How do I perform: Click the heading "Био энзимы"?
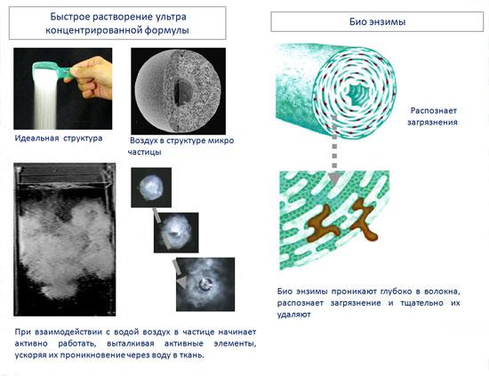(377, 21)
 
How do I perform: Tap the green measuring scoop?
(52, 69)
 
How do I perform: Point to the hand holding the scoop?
(92, 77)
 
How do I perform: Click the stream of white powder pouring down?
(44, 100)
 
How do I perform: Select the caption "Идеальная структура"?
(59, 138)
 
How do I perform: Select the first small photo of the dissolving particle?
(151, 188)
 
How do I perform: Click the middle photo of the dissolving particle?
(176, 233)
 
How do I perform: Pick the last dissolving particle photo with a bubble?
(205, 284)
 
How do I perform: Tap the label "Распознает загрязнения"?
(432, 116)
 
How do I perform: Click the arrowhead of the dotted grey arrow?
(334, 179)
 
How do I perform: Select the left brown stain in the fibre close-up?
(323, 224)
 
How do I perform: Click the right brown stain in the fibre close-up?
(364, 220)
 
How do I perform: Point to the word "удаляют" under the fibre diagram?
(293, 315)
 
